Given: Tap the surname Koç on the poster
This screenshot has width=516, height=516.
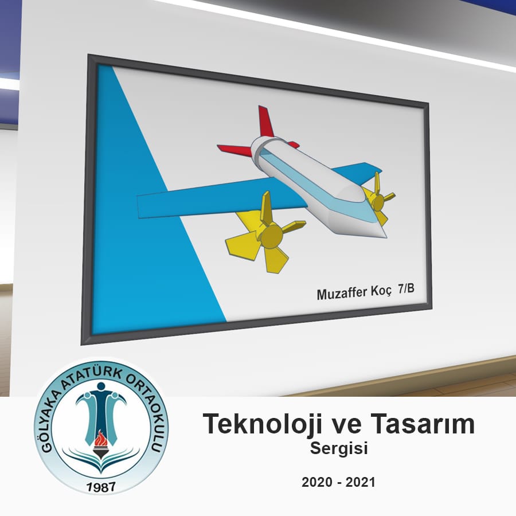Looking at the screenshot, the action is click(381, 291).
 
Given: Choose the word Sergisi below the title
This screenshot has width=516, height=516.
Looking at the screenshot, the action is click(339, 448).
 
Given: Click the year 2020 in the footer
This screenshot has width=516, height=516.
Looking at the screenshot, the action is click(317, 482).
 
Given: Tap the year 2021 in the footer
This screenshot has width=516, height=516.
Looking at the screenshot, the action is click(360, 482).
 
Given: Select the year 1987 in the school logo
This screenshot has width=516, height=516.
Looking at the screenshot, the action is click(101, 487).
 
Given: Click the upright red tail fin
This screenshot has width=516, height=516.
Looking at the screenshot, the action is click(265, 122).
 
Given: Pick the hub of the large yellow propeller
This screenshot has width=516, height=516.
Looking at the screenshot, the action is click(271, 235).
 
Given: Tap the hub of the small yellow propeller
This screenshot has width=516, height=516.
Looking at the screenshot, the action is click(378, 202).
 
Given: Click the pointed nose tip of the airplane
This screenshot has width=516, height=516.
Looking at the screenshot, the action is click(386, 236).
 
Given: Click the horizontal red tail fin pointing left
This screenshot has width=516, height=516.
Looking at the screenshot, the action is click(234, 150).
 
